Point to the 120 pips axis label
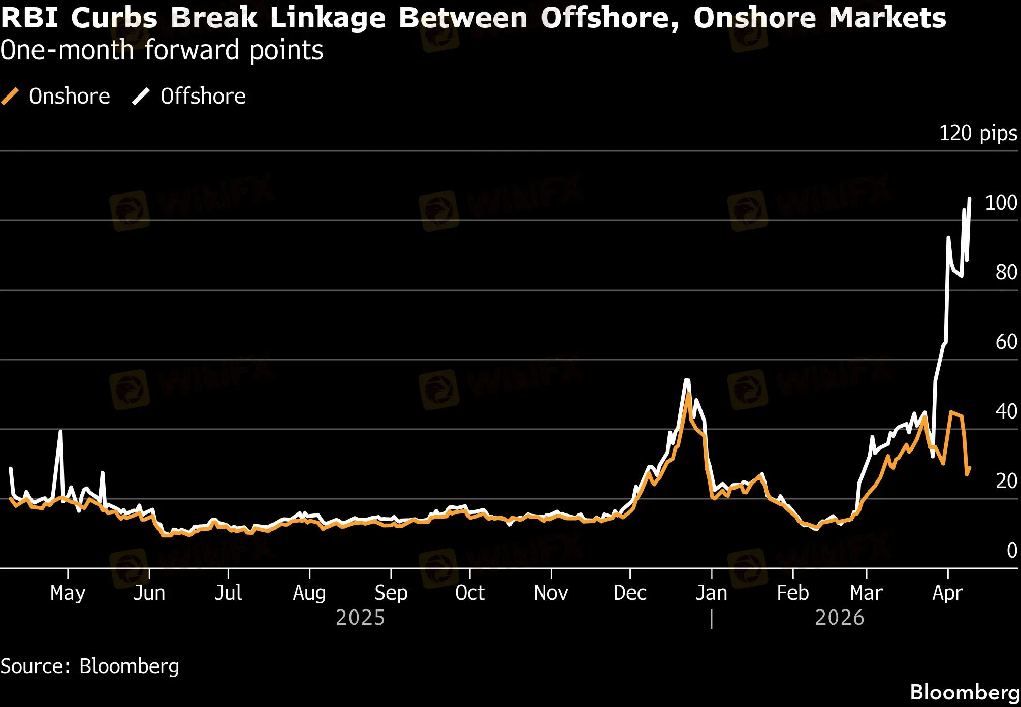tap(977, 133)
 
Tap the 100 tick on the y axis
tap(1001, 203)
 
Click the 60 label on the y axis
tap(1006, 342)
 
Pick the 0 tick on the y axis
tap(1011, 551)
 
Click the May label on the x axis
tap(68, 593)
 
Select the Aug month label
tap(309, 593)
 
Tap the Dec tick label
tap(630, 593)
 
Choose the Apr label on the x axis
tap(947, 593)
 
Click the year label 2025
tap(360, 618)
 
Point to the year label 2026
tap(839, 618)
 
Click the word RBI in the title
tap(29, 18)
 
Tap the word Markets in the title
tap(887, 18)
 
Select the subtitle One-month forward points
tap(162, 50)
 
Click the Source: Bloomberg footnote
tap(90, 666)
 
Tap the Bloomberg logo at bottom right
tap(965, 692)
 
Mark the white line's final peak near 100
tap(969, 199)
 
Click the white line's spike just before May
tap(60, 432)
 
